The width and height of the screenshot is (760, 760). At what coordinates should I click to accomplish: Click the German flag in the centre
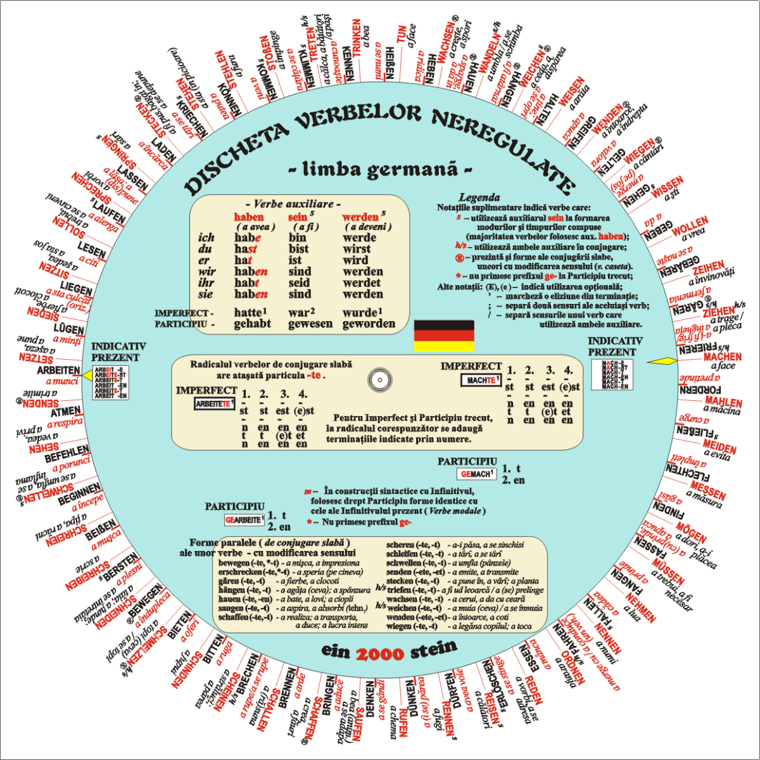tap(443, 336)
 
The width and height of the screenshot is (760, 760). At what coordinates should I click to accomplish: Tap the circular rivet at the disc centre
tap(379, 380)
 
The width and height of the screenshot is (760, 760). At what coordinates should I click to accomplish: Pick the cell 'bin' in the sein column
tap(297, 238)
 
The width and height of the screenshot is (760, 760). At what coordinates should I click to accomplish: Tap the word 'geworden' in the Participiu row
tap(369, 324)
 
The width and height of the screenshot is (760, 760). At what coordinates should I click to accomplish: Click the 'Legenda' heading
tap(479, 198)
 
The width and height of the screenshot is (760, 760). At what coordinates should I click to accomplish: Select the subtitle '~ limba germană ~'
tap(380, 170)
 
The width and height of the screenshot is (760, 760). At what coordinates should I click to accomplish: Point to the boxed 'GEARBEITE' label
tap(244, 520)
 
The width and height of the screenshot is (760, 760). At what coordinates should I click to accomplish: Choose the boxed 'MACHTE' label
tap(481, 380)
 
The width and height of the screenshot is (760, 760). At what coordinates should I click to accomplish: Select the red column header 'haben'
tap(249, 217)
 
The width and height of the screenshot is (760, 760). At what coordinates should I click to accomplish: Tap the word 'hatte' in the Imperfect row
tap(249, 312)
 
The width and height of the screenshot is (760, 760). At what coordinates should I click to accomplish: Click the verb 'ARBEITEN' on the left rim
tap(58, 370)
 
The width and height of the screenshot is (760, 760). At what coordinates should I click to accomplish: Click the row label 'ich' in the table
tap(206, 238)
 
